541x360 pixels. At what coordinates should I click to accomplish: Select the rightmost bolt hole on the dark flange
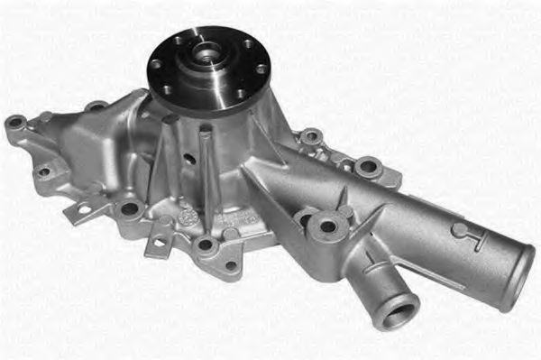click(261, 69)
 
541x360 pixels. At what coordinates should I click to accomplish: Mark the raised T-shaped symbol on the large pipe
click(470, 236)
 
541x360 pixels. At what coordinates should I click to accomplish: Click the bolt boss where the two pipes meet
click(326, 226)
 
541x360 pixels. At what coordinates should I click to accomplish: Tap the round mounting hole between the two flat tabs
click(130, 209)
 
